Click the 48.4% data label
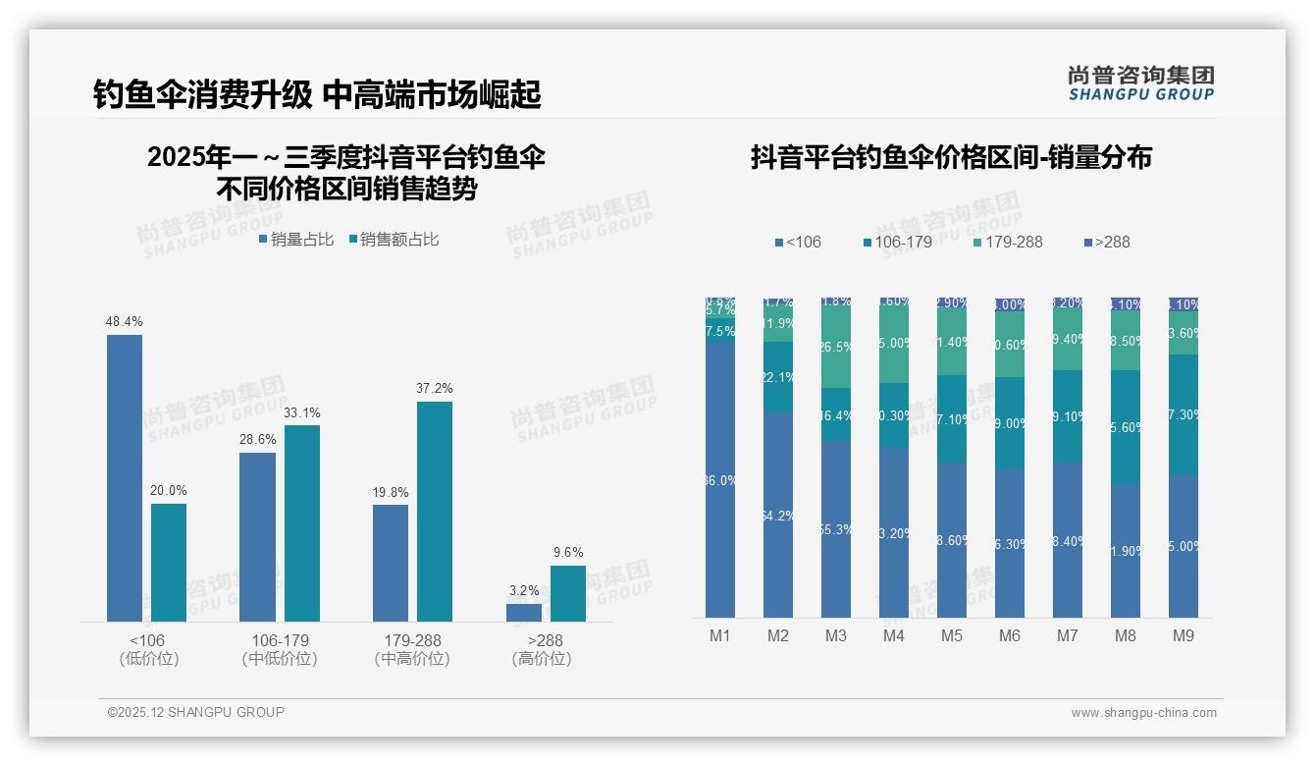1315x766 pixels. tap(125, 321)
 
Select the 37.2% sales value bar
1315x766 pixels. tap(435, 511)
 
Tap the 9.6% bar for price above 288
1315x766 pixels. tap(567, 593)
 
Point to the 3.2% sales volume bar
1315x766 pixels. tap(524, 613)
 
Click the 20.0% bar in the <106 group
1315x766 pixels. tap(169, 562)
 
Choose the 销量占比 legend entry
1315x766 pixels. tap(296, 239)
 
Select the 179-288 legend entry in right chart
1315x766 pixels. tap(1007, 242)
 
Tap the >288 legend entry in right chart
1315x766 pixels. tap(1106, 242)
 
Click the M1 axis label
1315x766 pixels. tap(720, 635)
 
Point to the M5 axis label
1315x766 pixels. tap(951, 635)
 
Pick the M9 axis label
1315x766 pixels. tap(1183, 635)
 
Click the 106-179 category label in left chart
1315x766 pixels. tap(280, 640)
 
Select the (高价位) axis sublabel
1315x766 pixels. tap(542, 659)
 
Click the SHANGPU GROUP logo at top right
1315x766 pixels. tap(1140, 83)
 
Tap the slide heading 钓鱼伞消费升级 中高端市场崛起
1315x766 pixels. tap(317, 94)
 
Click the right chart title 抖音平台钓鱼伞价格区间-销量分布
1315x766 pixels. tap(951, 157)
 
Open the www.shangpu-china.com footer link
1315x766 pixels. tap(1143, 713)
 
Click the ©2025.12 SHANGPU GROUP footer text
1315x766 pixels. tap(196, 712)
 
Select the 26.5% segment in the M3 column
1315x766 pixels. tap(836, 346)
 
